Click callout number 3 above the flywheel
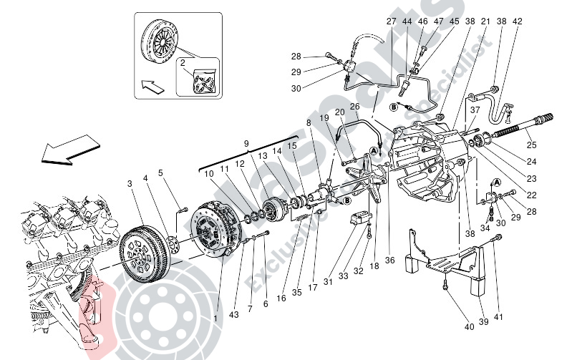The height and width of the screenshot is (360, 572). (130, 184)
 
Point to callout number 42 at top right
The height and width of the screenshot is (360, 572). (518, 21)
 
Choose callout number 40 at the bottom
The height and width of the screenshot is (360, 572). (469, 327)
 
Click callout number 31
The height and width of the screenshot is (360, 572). (328, 281)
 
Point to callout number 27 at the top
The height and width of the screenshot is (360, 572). (391, 21)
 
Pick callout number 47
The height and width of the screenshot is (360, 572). (438, 21)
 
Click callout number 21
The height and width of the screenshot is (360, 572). (485, 21)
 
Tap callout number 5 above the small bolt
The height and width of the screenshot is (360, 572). (160, 172)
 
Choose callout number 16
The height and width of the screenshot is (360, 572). (281, 297)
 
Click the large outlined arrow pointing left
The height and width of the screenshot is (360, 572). (59, 151)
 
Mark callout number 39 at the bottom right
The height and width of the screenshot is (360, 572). (484, 321)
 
